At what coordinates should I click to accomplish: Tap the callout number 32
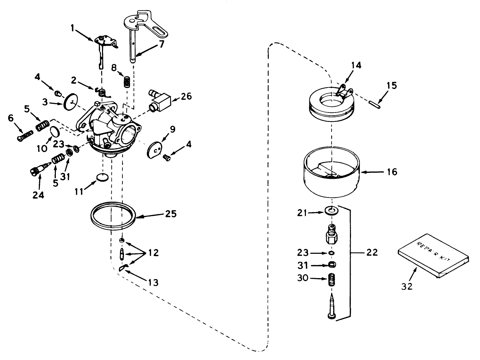click(407, 286)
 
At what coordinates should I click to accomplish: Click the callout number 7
click(162, 44)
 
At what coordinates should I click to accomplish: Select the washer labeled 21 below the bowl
click(332, 211)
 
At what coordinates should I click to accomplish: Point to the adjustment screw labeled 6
click(25, 135)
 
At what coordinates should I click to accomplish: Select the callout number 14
click(355, 65)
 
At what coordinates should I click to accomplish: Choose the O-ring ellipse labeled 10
click(54, 132)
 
